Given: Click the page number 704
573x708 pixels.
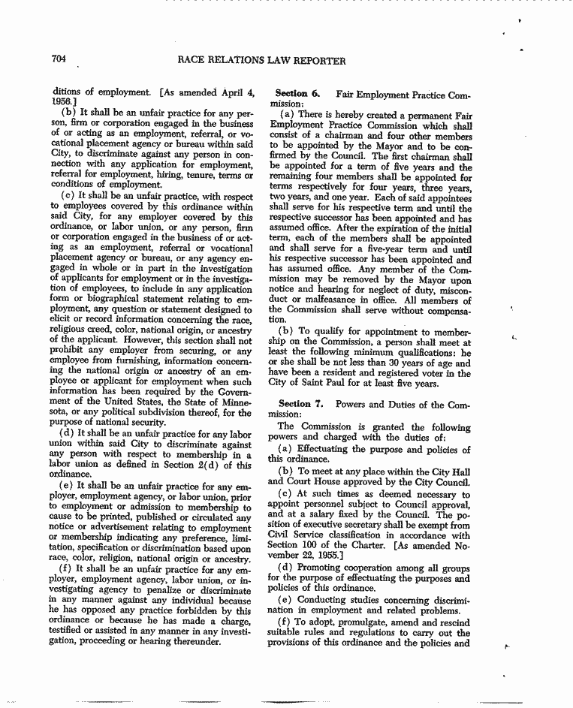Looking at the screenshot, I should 61,60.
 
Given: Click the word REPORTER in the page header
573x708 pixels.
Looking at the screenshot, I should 314,61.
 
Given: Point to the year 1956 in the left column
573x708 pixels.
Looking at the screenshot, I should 62,104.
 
